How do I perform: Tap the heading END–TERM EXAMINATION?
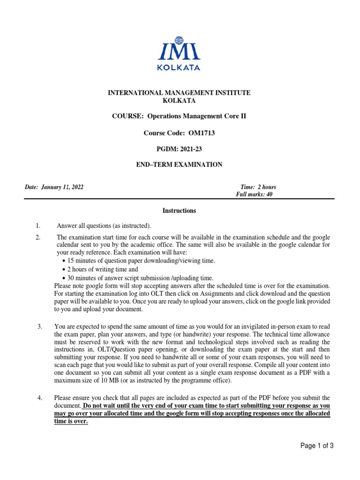pyautogui.click(x=179, y=165)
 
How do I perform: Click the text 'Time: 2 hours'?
pyautogui.click(x=258, y=187)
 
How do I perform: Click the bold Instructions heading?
pyautogui.click(x=179, y=211)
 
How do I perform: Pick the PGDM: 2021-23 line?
pyautogui.click(x=179, y=149)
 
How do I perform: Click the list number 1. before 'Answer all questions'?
pyautogui.click(x=38, y=226)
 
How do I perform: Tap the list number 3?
pyautogui.click(x=40, y=326)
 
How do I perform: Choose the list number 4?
pyautogui.click(x=40, y=398)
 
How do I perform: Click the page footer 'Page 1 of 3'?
pyautogui.click(x=316, y=446)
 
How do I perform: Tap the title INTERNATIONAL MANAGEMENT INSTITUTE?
pyautogui.click(x=179, y=93)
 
